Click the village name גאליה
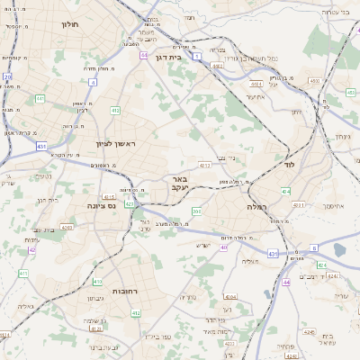[x=25, y=305]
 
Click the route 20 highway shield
[x=7, y=77]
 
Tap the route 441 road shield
[x=40, y=98]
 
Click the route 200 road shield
[x=196, y=211]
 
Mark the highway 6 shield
[x=314, y=247]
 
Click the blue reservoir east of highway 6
[x=339, y=250]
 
